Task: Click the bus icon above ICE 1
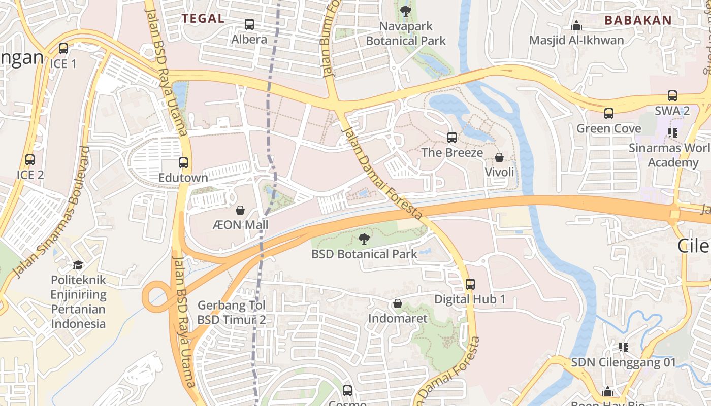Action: pos(63,49)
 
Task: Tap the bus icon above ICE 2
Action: pos(30,160)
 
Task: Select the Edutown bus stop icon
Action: pos(183,163)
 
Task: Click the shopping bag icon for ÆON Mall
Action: pos(240,210)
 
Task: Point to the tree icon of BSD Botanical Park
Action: pos(364,239)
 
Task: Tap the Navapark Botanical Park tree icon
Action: pos(405,11)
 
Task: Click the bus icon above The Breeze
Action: pos(452,137)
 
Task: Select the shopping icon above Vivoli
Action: pos(499,157)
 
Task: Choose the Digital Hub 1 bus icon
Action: pos(470,284)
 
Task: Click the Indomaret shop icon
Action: pos(398,303)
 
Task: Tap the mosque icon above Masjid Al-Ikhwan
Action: pos(576,25)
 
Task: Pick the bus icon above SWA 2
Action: pos(672,95)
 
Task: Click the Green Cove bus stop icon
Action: pos(609,114)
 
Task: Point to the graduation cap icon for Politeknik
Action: pos(78,265)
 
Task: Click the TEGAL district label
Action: pos(203,19)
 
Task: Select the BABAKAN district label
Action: pos(638,20)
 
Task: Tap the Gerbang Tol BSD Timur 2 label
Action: pos(232,313)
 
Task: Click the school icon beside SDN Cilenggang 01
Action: pos(624,347)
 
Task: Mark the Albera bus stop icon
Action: pos(249,24)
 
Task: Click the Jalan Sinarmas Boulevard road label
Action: pos(51,213)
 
